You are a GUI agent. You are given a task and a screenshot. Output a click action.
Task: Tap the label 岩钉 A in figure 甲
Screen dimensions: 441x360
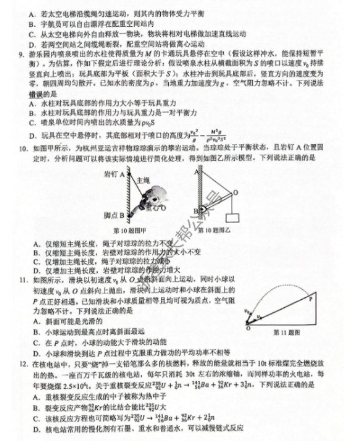tap(112, 173)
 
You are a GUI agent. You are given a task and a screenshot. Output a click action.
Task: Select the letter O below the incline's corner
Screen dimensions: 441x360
tap(246, 329)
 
